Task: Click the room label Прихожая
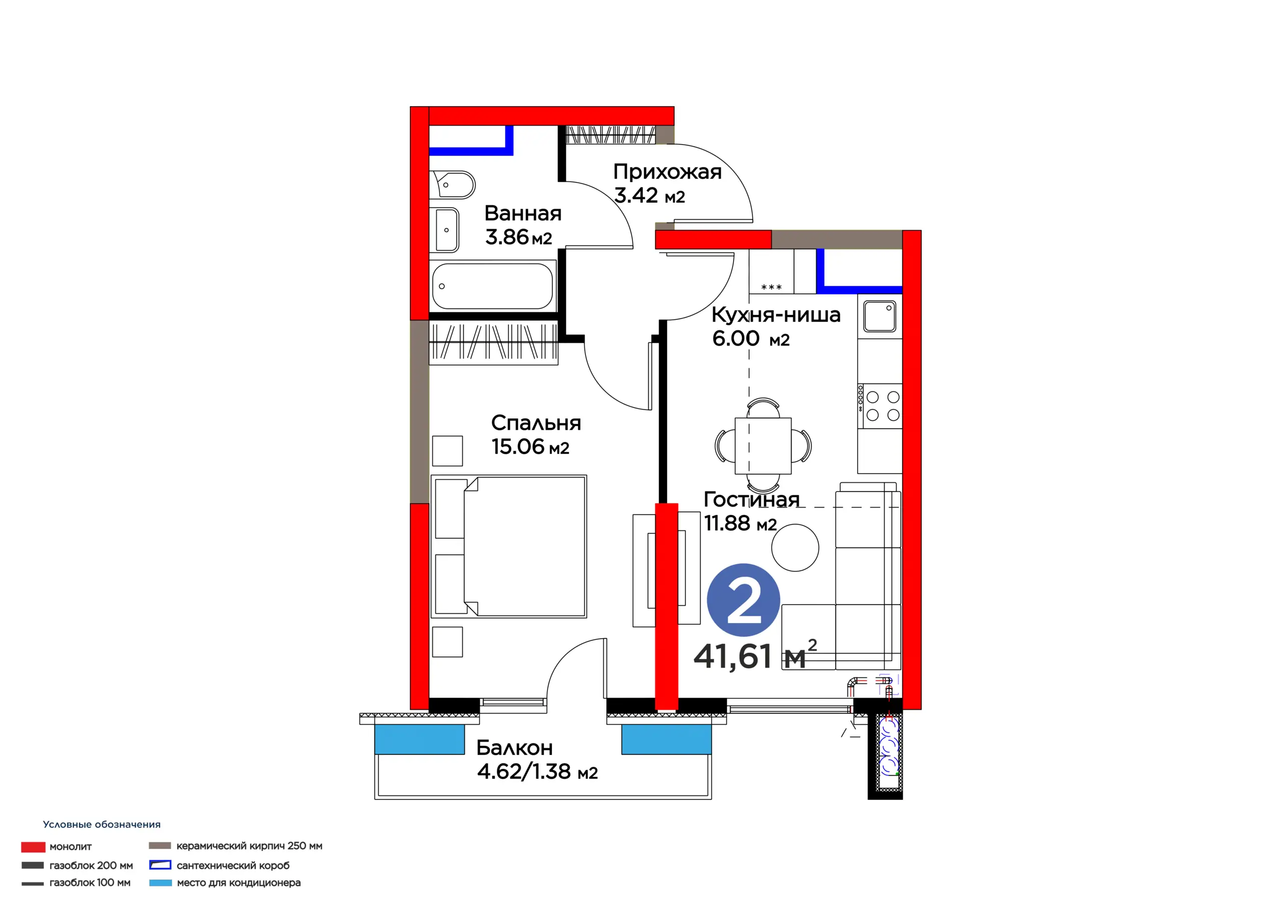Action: click(668, 171)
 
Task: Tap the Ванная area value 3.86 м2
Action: click(518, 237)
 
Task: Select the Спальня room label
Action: click(535, 423)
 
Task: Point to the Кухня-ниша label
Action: click(776, 315)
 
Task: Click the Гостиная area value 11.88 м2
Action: click(741, 524)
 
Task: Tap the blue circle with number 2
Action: click(743, 600)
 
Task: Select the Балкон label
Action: click(514, 747)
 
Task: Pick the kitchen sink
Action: click(879, 316)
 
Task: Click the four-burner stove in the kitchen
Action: click(880, 406)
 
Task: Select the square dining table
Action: click(763, 445)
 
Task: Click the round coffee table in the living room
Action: click(795, 548)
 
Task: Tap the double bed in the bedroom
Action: click(509, 547)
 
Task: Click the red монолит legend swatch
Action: click(33, 847)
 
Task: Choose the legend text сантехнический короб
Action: click(233, 865)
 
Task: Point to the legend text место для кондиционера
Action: click(239, 882)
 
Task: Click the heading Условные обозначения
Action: click(102, 824)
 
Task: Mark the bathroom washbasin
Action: click(447, 230)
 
